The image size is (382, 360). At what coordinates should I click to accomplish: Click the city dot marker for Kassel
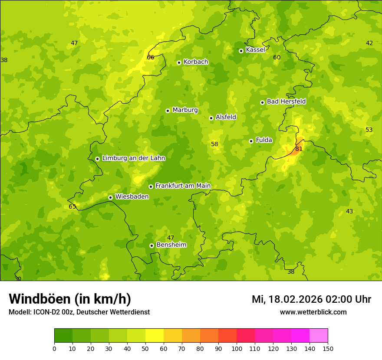click(x=241, y=51)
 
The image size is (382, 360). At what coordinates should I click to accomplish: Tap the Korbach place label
click(x=196, y=62)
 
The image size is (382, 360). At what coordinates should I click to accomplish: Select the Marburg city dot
click(x=168, y=111)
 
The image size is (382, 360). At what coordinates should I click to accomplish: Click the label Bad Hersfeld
click(x=286, y=101)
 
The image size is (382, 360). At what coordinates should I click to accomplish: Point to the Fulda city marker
click(x=251, y=141)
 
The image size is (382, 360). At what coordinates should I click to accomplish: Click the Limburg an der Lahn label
click(x=133, y=158)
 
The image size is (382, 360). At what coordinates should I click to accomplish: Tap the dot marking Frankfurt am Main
click(x=151, y=187)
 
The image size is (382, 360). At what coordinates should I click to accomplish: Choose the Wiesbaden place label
click(x=132, y=196)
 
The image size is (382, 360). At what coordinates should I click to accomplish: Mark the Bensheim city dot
click(x=151, y=245)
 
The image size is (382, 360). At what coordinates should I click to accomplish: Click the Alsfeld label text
click(x=226, y=117)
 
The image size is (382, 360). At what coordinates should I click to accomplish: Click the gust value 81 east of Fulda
click(x=299, y=149)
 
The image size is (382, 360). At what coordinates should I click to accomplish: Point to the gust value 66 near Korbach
click(x=151, y=57)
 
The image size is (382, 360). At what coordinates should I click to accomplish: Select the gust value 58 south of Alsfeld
click(x=214, y=144)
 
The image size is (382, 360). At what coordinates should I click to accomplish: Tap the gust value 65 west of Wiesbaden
click(x=72, y=206)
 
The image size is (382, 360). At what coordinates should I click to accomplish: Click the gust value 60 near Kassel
click(x=277, y=57)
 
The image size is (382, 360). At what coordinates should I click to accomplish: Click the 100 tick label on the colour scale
click(x=237, y=348)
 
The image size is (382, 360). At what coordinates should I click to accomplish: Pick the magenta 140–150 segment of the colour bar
click(x=319, y=336)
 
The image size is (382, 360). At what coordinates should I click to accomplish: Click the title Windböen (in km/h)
click(x=70, y=299)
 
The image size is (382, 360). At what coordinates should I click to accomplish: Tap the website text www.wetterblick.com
click(x=313, y=312)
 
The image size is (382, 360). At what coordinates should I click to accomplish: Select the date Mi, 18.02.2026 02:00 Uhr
click(x=311, y=299)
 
